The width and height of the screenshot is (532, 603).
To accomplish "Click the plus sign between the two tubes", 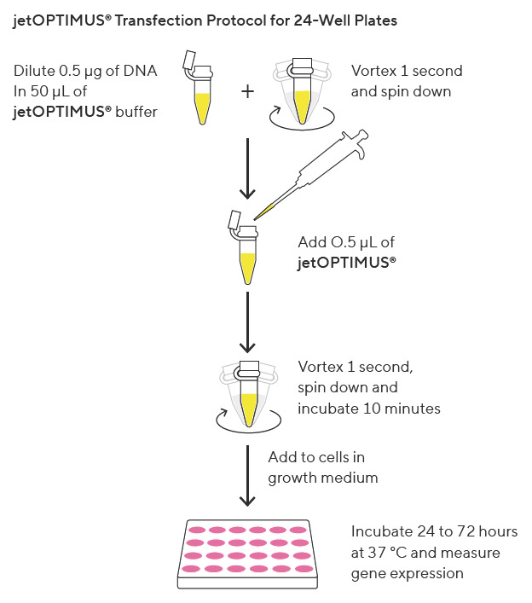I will point(248,91).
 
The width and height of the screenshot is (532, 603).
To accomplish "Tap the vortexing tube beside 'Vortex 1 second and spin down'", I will point(302,94).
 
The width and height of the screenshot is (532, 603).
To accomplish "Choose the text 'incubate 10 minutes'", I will point(368,409).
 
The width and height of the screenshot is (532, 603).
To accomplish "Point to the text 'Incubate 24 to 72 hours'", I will point(434,532).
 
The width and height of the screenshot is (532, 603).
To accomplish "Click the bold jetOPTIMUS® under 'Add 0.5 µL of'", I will point(347,264).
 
